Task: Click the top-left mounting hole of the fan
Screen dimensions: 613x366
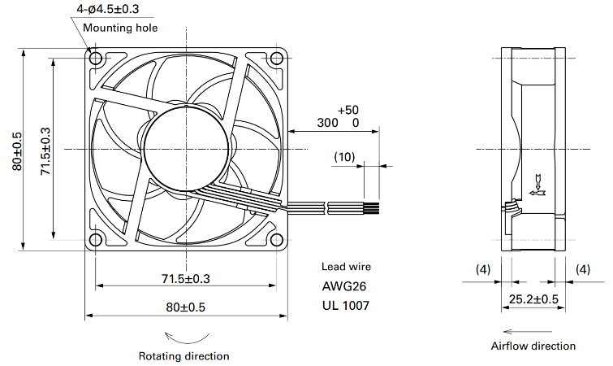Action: [95, 59]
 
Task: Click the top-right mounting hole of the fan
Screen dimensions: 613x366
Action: [277, 59]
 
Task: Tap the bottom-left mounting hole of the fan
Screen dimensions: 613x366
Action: [95, 240]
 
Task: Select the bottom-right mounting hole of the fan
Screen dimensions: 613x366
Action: [277, 240]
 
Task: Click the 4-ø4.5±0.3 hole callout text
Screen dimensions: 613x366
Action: [108, 9]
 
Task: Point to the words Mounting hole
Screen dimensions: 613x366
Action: [120, 28]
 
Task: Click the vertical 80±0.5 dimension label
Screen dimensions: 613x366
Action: [17, 151]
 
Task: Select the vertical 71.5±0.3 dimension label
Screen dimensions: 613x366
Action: [45, 151]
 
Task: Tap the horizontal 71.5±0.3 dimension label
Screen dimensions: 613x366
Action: [186, 279]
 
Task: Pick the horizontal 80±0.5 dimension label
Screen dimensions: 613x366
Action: [186, 307]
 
